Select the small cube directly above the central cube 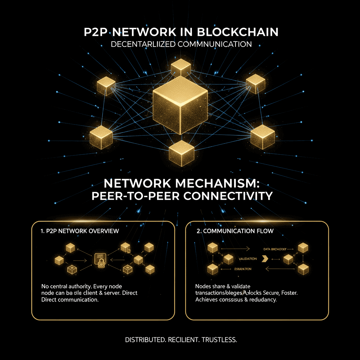pyautogui.click(x=181, y=68)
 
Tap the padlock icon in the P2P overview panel pyautogui.click(x=100, y=262)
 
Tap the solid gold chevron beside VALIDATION pyautogui.click(x=265, y=259)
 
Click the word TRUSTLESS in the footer pyautogui.click(x=219, y=340)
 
